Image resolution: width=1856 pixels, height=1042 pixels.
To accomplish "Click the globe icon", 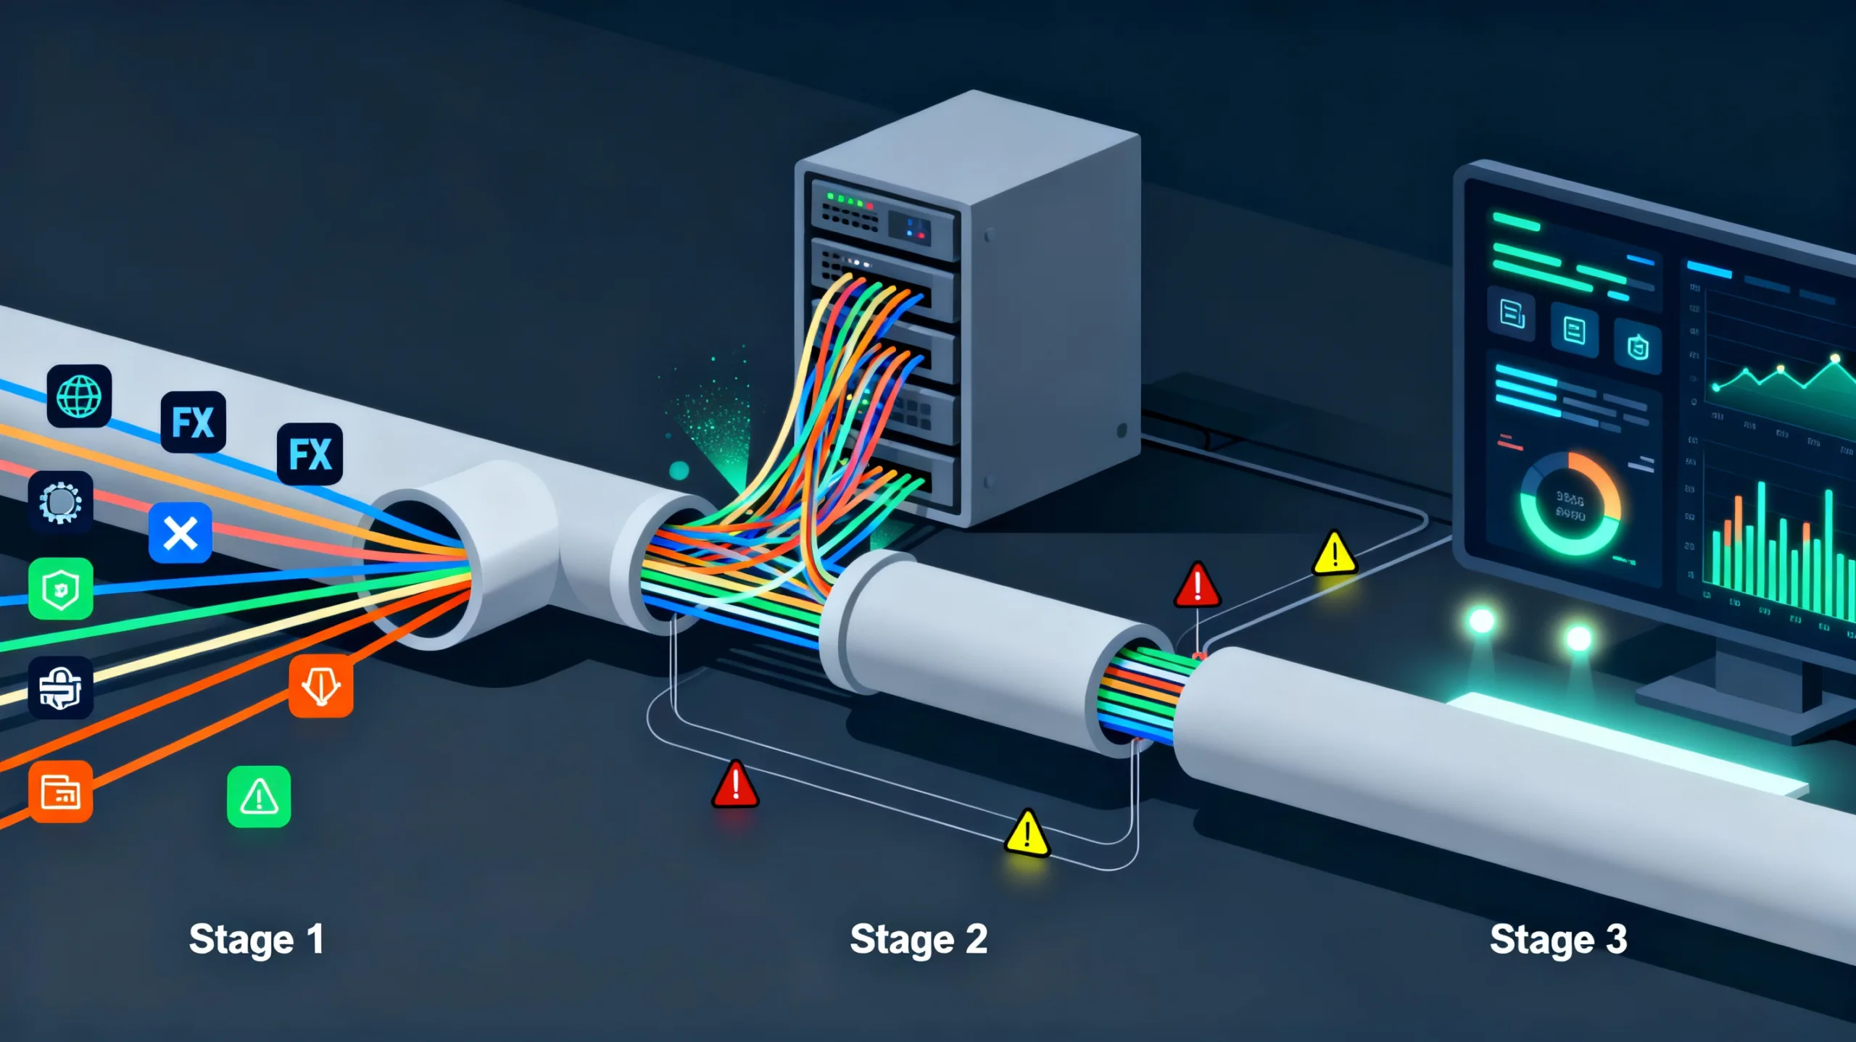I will (x=79, y=396).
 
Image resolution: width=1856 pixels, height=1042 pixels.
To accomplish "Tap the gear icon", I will (x=61, y=502).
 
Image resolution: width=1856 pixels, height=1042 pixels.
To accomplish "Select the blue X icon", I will (x=180, y=533).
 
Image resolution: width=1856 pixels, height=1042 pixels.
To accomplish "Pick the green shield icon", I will (x=61, y=588).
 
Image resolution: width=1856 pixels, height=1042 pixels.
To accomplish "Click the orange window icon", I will (x=61, y=791).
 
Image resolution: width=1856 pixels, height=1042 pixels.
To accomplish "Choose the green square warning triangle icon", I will (x=259, y=797).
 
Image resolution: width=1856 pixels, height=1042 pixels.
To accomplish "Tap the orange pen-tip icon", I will (x=321, y=685).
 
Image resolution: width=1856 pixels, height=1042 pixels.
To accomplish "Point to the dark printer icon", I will (x=61, y=687).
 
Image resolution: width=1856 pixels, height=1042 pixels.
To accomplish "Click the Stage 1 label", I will (x=256, y=940).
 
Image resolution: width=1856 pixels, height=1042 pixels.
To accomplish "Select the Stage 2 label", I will (x=918, y=940).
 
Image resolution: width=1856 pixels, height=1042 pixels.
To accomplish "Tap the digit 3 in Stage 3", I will (x=1616, y=939).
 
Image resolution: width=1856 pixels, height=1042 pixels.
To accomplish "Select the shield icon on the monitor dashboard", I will (x=1638, y=348).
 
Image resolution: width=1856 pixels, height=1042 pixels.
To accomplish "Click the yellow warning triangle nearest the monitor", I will (x=1334, y=554).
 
